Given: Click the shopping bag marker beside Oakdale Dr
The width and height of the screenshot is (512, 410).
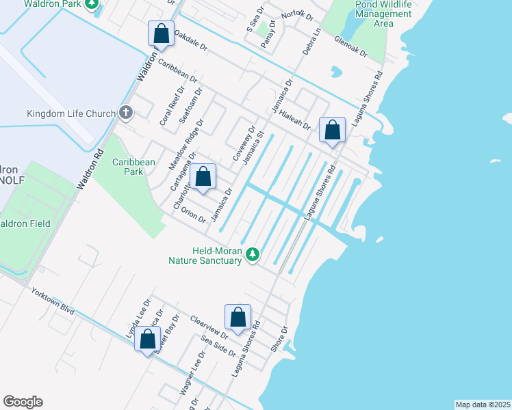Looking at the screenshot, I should [161, 33].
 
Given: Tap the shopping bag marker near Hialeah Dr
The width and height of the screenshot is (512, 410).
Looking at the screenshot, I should [333, 130].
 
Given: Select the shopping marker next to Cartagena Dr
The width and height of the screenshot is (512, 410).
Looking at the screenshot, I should [203, 177].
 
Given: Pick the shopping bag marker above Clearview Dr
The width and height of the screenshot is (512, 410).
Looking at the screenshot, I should [238, 318].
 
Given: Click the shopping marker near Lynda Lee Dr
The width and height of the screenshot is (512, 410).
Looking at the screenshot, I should [148, 339].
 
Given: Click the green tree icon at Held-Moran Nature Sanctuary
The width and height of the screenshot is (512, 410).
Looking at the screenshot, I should [253, 255].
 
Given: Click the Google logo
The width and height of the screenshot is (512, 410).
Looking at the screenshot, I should [23, 401].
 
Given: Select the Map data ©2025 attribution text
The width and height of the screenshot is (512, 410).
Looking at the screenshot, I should [482, 404].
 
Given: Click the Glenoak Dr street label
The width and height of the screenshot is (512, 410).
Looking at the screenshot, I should [352, 47].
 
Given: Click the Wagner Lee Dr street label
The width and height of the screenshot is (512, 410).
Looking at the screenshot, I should [192, 374].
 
